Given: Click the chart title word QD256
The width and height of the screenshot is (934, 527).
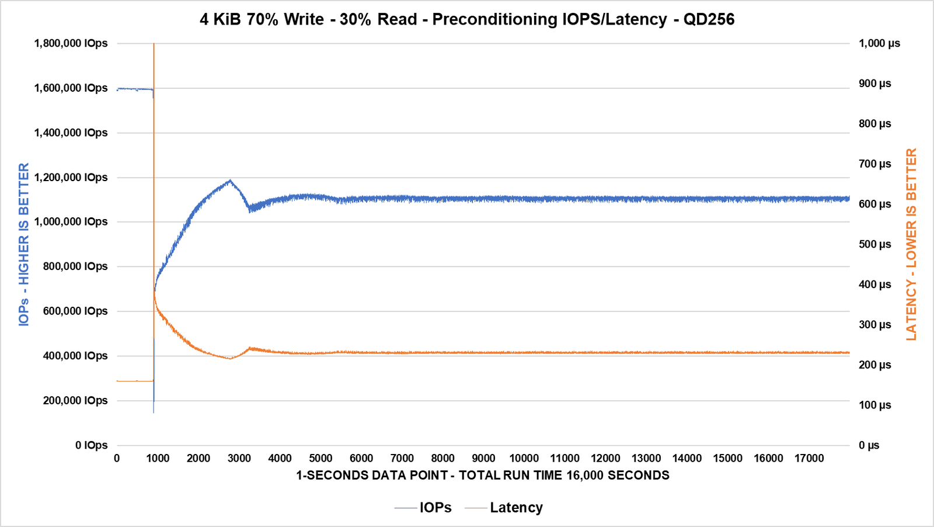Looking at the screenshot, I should click(709, 19).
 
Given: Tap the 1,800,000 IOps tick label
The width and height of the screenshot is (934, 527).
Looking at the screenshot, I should click(71, 43).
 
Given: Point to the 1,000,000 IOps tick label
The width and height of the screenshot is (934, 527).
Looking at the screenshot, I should click(71, 221).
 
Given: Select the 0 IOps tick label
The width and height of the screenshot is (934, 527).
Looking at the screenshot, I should click(91, 445).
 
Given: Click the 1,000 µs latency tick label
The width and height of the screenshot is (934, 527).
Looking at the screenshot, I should click(879, 43).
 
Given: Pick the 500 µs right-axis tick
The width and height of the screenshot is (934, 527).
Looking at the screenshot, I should click(874, 244).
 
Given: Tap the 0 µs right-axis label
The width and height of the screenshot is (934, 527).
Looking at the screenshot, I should click(869, 445).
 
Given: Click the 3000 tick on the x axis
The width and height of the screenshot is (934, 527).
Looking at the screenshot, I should click(239, 459).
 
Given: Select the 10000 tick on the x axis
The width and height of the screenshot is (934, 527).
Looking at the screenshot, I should click(524, 459).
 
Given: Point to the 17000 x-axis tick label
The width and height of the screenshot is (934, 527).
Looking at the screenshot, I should click(809, 459).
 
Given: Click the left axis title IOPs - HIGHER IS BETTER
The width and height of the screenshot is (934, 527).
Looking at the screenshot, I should click(24, 244).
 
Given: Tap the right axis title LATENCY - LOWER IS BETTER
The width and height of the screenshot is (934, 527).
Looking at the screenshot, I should click(911, 244).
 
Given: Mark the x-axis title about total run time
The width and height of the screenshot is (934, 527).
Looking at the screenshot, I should click(483, 475).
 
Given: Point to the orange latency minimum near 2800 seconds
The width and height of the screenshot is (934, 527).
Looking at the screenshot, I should click(230, 358).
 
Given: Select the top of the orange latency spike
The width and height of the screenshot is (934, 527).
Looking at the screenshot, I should click(154, 44).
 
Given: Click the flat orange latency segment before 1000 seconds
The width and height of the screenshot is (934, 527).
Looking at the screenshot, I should click(134, 381).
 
